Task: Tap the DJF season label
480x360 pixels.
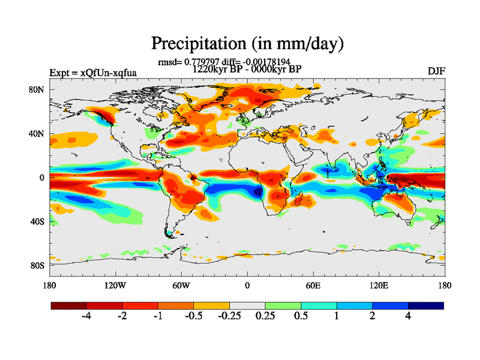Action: (436, 71)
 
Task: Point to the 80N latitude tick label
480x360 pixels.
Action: (37, 89)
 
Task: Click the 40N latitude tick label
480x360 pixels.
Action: (37, 134)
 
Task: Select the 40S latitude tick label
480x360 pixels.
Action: (37, 221)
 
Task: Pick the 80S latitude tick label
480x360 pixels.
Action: (37, 265)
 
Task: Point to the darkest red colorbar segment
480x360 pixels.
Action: (69, 305)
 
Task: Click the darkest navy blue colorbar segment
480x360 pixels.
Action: (426, 305)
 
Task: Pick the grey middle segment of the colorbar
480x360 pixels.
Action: (247, 305)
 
